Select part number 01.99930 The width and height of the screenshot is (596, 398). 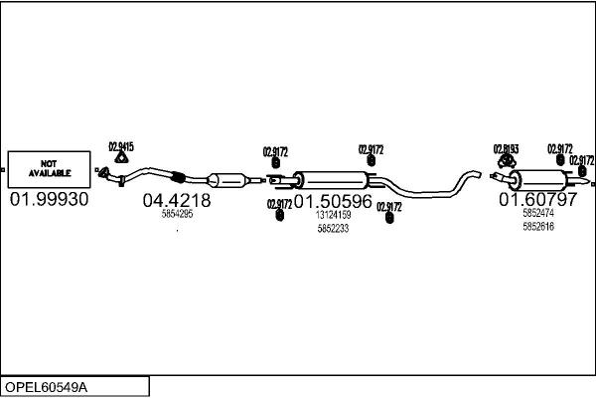(x=49, y=200)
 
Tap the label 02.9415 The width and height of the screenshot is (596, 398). (x=120, y=146)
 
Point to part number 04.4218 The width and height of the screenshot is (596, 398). (x=177, y=200)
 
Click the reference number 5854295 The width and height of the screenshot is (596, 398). (x=177, y=214)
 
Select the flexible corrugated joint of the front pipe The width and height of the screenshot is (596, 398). (x=178, y=178)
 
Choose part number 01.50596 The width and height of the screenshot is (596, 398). (x=333, y=201)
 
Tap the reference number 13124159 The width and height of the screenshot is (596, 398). (x=333, y=215)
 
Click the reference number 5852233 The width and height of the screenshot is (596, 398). (x=333, y=228)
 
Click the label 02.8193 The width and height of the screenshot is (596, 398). (x=506, y=148)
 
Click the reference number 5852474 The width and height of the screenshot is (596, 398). (x=537, y=213)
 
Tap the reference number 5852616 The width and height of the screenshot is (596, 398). (x=537, y=227)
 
